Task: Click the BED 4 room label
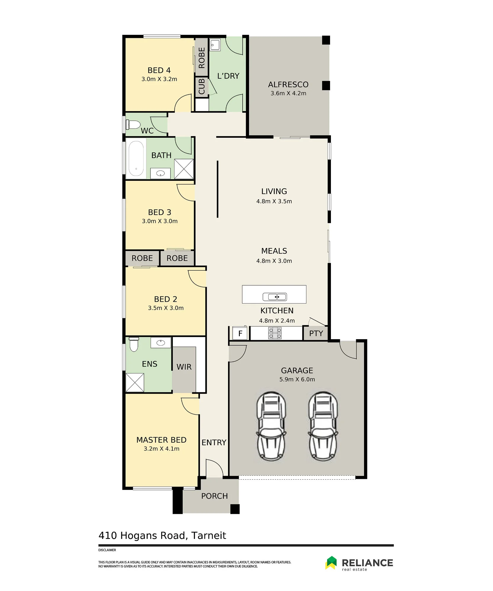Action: coord(159,70)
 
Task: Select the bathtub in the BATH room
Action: coord(136,158)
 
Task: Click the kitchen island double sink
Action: coord(275,297)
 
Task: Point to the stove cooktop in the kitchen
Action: coord(275,333)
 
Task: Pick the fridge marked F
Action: coord(240,333)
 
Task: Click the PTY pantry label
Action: coord(316,333)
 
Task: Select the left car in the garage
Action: coord(271,426)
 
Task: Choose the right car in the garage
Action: coord(323,426)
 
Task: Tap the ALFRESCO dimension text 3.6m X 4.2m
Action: coord(288,93)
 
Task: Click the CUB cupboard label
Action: coord(202,86)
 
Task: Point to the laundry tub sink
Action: coord(215,45)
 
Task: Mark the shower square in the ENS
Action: coord(135,382)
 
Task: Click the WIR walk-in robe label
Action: coord(184,367)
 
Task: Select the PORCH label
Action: coord(214,496)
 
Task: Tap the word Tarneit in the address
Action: coord(208,535)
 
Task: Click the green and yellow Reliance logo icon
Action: coord(331,563)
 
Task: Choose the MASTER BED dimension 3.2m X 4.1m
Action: coord(161,449)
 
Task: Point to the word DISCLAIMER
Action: coord(107,550)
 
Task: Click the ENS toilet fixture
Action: coord(134,344)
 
